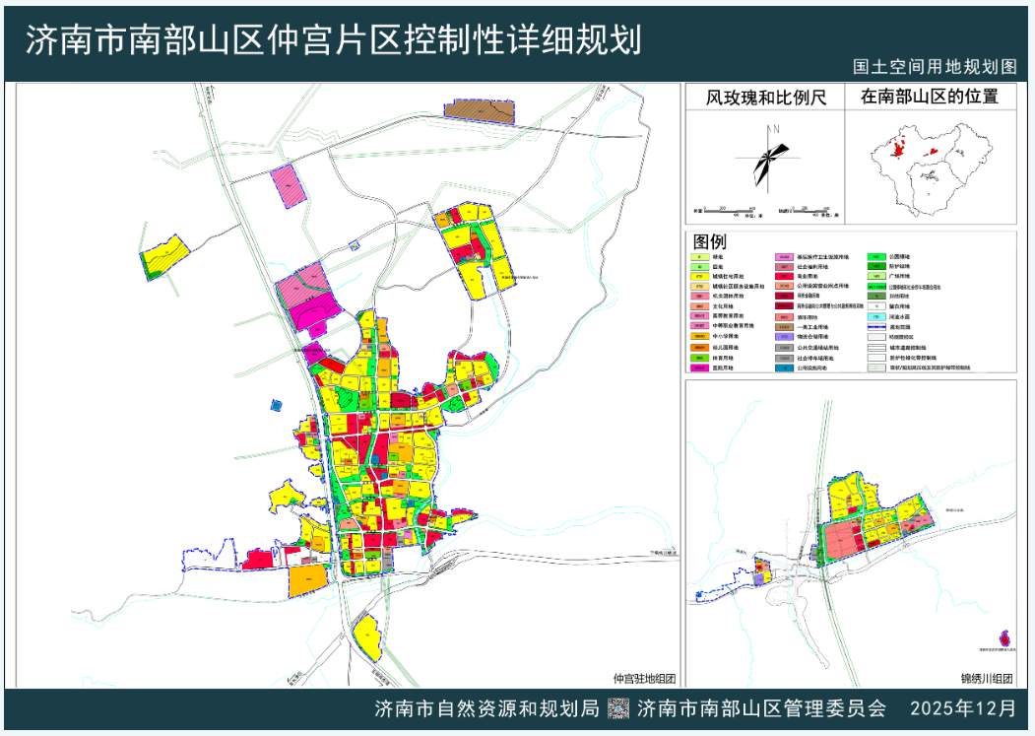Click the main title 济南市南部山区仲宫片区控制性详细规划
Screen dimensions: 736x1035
(333, 40)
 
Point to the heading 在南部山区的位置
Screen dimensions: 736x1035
(930, 98)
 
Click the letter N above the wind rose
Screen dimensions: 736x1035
(777, 129)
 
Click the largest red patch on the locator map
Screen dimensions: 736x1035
(897, 150)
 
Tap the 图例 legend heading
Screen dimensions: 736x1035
(709, 242)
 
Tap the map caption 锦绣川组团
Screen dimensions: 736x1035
(987, 678)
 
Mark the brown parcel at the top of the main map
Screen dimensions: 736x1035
(481, 110)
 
